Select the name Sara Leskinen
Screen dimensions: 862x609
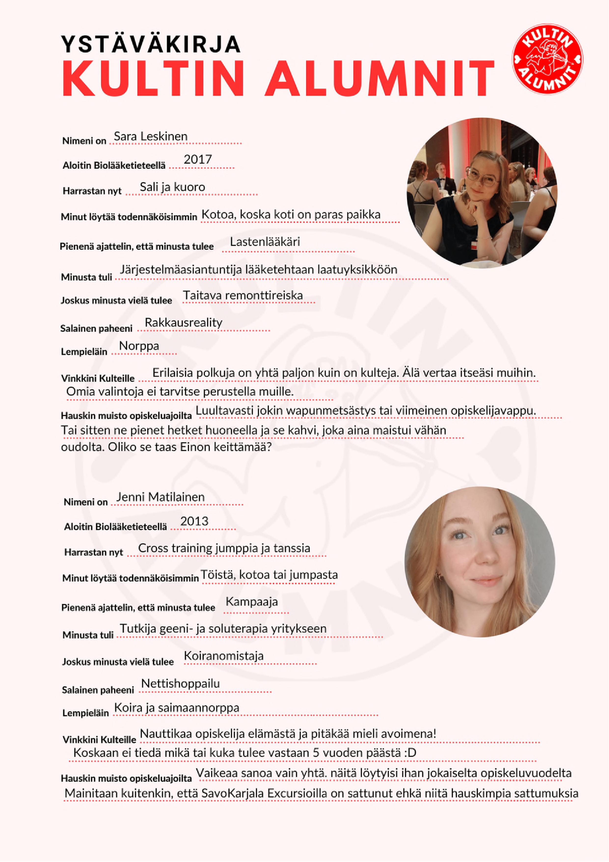(x=150, y=136)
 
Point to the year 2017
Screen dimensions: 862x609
(x=198, y=160)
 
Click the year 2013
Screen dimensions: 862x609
(x=194, y=522)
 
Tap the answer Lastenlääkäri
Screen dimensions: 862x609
(x=265, y=242)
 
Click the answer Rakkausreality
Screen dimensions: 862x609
(x=184, y=323)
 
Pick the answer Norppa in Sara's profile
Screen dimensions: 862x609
(x=139, y=346)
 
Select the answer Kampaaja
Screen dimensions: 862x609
(x=251, y=602)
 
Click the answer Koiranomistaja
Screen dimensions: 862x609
(x=224, y=656)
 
